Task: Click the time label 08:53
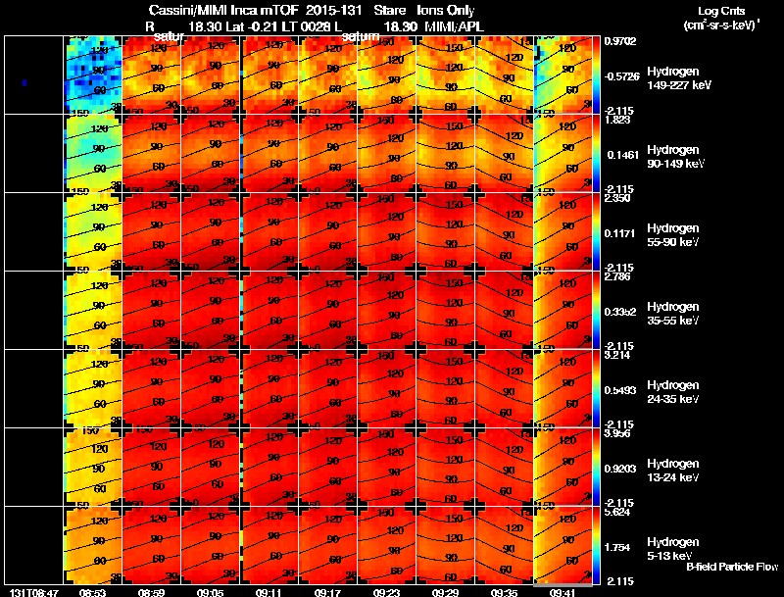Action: click(x=92, y=592)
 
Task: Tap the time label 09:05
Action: click(x=210, y=592)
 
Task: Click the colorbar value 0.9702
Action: click(x=620, y=41)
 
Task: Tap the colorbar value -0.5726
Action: click(x=620, y=75)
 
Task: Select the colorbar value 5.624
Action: click(x=618, y=512)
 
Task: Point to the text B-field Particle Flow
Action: click(x=731, y=567)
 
